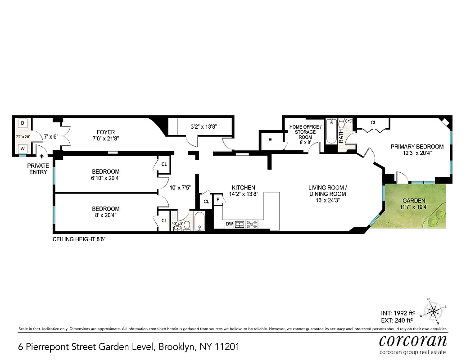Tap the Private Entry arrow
tap(42, 157)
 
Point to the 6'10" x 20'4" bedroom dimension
tap(106, 178)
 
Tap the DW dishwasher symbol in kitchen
tap(229, 224)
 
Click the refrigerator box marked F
tap(218, 199)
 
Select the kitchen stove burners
tap(251, 224)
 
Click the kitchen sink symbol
tap(240, 224)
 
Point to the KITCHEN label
tap(244, 188)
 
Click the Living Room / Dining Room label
tap(327, 191)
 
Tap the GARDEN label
tap(413, 201)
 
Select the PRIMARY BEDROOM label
tap(417, 147)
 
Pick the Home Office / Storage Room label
tap(305, 132)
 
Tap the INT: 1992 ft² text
tap(396, 313)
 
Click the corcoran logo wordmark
tap(412, 340)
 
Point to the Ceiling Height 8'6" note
tap(79, 239)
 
